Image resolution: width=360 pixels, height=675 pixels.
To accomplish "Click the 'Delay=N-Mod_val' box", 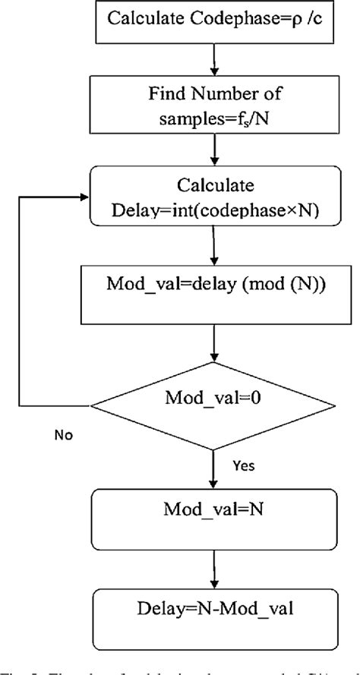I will (215, 608).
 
